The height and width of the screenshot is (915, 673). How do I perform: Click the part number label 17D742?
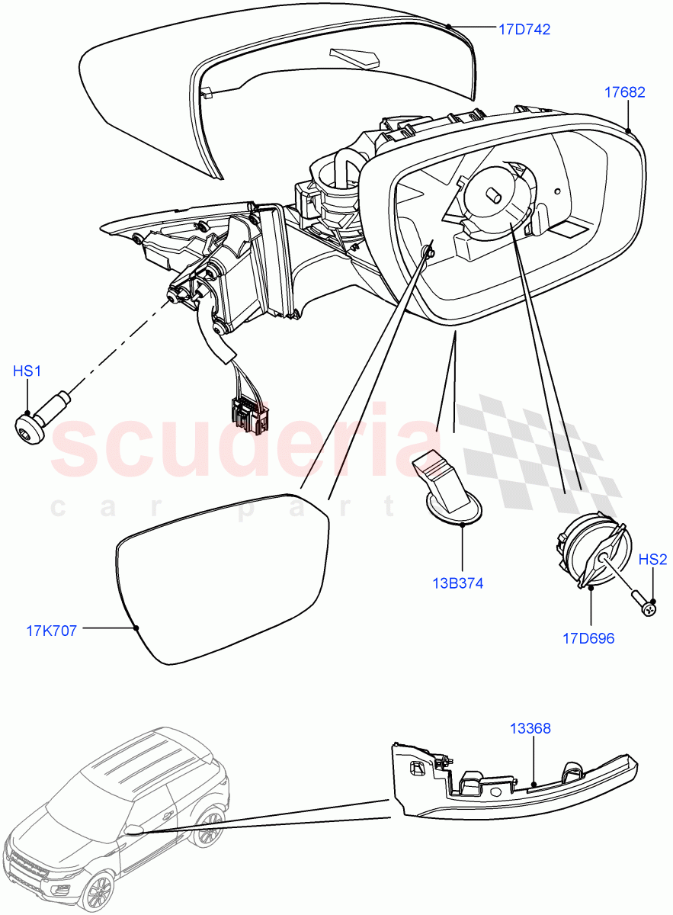(524, 30)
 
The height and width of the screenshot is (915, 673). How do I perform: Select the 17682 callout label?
(624, 92)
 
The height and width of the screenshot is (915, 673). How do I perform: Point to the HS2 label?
(652, 560)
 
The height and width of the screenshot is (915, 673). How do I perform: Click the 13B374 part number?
(458, 583)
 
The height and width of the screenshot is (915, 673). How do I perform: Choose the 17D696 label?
(588, 639)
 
